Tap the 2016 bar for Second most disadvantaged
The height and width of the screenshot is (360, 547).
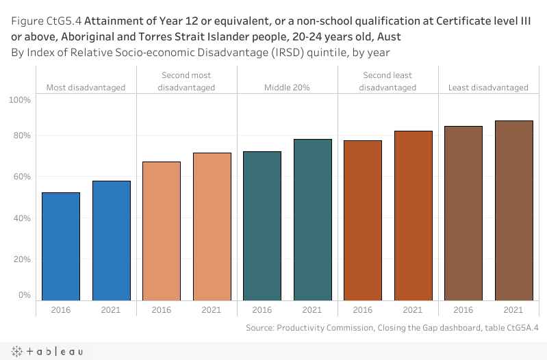162,231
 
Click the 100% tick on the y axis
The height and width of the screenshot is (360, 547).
21,100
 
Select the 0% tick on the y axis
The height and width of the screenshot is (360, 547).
23,295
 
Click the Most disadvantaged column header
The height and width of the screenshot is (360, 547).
86,88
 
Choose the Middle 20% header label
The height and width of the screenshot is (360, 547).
288,88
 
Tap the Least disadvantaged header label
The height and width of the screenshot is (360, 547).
488,88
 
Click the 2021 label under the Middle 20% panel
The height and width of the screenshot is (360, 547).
313,310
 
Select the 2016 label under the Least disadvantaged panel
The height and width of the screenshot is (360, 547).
463,310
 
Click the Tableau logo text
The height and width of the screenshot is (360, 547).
48,351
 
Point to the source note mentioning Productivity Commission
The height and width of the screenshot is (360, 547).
392,328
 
